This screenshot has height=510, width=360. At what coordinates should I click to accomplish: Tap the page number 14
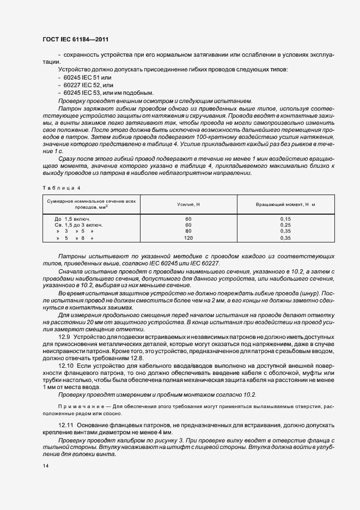(44, 466)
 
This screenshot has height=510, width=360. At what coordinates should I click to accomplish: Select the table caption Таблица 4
(60, 188)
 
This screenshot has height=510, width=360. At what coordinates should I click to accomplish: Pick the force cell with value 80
(188, 231)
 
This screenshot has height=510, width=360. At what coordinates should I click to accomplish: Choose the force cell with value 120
(188, 238)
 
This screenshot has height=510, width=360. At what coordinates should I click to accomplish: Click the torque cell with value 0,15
(285, 218)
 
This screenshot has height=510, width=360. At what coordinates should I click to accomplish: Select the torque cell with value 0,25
(285, 224)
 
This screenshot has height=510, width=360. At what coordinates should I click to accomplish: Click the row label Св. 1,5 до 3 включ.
(76, 224)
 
